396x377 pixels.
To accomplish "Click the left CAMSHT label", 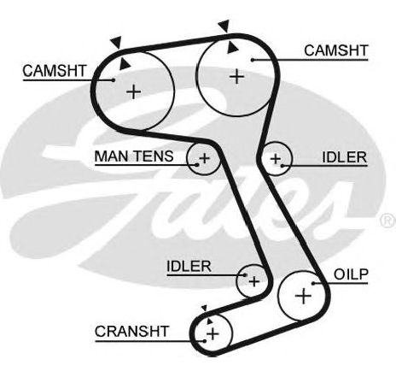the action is (55, 71).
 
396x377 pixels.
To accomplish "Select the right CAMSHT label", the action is (336, 50).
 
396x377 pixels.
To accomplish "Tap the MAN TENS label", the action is (134, 156).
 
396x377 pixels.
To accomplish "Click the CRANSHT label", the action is (131, 332).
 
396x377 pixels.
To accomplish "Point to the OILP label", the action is (351, 274).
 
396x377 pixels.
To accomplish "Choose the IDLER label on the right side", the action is (345, 157).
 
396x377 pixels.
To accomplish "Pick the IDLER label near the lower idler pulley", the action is (189, 267).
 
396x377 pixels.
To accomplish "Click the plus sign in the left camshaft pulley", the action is (133, 91).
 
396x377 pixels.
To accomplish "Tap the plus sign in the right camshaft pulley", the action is (236, 76).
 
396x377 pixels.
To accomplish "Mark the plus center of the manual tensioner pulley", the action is (204, 158).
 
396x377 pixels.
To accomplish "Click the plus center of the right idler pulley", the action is (276, 158).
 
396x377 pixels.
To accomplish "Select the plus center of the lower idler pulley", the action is (253, 281).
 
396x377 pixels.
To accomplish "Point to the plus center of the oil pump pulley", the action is (303, 296).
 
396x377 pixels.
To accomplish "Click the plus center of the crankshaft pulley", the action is (213, 333).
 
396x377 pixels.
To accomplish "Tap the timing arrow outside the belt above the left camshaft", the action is (117, 42).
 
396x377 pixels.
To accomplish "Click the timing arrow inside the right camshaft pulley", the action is (232, 49).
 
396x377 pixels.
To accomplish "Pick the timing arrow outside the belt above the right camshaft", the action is (224, 26).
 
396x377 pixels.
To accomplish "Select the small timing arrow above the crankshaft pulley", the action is (204, 309).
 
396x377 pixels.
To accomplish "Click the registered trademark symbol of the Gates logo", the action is (387, 221).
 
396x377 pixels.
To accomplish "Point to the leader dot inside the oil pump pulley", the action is (313, 283).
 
